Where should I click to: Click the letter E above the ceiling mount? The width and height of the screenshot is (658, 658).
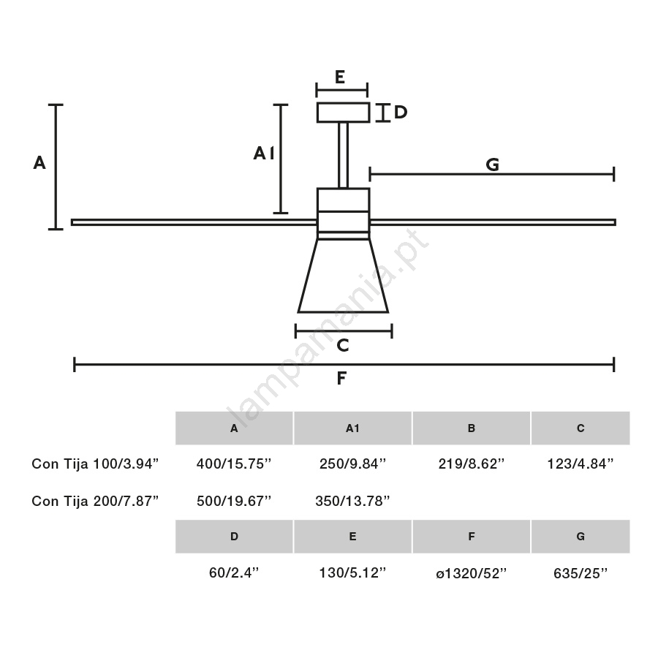(x=340, y=77)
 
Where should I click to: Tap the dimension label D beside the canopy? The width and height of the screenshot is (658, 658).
(x=401, y=112)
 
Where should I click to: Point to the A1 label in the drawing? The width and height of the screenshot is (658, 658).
(x=263, y=154)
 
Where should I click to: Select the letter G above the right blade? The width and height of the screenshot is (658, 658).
(x=493, y=164)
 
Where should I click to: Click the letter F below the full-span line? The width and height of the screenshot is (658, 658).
(x=341, y=378)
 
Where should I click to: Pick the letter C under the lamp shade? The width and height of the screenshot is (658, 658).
(x=343, y=345)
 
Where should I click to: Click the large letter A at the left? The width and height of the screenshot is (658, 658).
(x=39, y=162)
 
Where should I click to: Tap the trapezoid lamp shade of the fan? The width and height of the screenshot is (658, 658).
(x=344, y=276)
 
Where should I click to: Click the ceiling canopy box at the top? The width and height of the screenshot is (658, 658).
(x=344, y=113)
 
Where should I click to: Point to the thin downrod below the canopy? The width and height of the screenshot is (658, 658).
(x=344, y=155)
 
